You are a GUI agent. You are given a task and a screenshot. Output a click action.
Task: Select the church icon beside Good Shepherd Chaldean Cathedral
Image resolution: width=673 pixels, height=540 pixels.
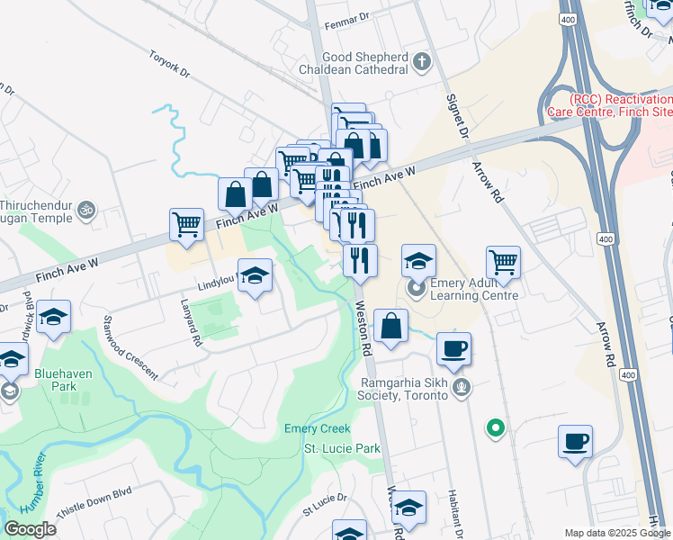(419, 62)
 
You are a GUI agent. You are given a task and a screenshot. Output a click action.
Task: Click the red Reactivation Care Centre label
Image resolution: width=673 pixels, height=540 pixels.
(608, 105)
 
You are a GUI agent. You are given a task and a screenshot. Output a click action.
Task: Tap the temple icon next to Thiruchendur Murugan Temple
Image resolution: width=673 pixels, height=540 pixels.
(86, 210)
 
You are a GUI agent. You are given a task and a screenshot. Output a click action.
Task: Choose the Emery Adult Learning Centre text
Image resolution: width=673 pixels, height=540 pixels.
(474, 289)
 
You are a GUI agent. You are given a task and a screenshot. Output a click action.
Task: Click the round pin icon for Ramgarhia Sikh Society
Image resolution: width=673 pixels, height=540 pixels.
(462, 388)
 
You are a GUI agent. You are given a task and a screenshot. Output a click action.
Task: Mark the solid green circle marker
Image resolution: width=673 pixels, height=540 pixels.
(495, 427)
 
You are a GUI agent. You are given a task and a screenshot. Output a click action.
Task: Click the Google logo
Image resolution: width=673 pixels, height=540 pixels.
(30, 529)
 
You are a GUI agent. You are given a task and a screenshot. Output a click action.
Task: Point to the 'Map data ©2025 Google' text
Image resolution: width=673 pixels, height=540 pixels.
(617, 533)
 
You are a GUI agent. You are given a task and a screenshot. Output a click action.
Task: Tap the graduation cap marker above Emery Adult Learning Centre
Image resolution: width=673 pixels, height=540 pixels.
(418, 261)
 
